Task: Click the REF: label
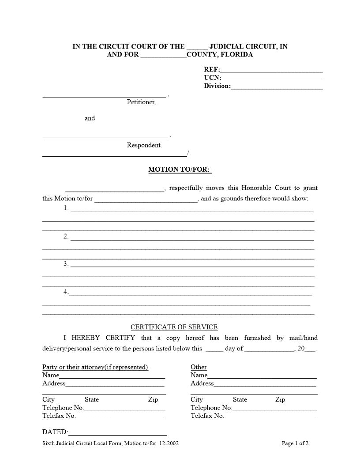[212, 69]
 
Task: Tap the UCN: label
[212, 78]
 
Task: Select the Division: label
[217, 86]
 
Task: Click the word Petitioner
[141, 102]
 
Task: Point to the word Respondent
[144, 145]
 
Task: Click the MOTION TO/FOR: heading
[180, 169]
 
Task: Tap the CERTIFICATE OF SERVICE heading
[174, 327]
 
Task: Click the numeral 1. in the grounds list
[66, 208]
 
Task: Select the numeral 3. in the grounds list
[66, 263]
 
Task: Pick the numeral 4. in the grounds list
[66, 292]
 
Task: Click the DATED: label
[55, 432]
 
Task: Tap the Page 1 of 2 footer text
[295, 443]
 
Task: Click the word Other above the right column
[199, 367]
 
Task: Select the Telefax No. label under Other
[207, 416]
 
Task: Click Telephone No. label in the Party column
[63, 408]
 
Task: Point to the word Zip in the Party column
[153, 399]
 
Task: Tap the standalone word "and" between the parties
[90, 118]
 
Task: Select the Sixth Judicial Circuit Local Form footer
[110, 443]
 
